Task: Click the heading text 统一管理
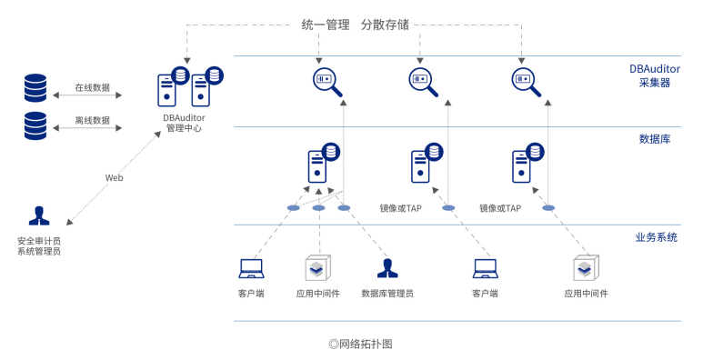(326, 25)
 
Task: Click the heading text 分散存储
(385, 25)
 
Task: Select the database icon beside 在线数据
(35, 87)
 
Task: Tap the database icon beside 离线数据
(35, 125)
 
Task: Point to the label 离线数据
(92, 120)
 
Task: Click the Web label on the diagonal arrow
(114, 178)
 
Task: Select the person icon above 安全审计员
(38, 216)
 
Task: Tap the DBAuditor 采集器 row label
(655, 75)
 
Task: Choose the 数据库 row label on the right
(655, 139)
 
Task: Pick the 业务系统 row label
(656, 237)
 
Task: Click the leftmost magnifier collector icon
(327, 82)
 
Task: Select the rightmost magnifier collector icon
(526, 82)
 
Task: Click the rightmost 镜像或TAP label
(500, 208)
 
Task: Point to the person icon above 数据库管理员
(387, 268)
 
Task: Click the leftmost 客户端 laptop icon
(251, 268)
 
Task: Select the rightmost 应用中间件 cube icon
(586, 268)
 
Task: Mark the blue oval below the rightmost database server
(548, 208)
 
